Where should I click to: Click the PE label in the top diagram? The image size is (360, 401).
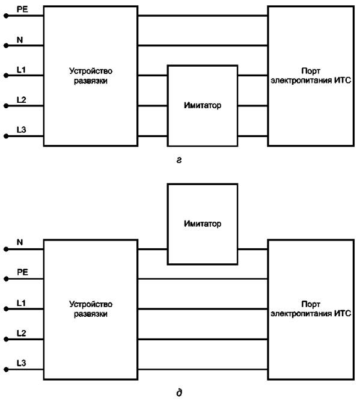(22, 10)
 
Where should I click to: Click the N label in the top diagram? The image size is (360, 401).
(20, 40)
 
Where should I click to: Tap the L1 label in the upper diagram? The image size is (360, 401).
(21, 70)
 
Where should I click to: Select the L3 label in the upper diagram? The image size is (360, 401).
(22, 130)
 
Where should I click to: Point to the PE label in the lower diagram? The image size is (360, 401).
(22, 272)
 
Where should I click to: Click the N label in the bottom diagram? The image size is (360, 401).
(20, 242)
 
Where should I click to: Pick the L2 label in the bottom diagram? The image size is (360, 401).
(22, 333)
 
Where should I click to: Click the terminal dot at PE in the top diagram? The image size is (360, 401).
(7, 16)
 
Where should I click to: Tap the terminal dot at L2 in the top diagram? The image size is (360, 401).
(7, 106)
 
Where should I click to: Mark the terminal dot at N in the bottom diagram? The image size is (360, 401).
(7, 249)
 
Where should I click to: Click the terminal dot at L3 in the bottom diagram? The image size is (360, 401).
(7, 370)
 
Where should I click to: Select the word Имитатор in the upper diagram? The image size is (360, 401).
(203, 105)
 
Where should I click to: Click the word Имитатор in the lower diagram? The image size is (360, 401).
(203, 224)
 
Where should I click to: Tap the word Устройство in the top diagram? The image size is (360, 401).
(91, 71)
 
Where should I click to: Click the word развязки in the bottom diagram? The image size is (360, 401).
(91, 314)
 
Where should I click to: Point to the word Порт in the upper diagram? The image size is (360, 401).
(311, 70)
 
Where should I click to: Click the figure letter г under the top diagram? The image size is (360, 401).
(179, 160)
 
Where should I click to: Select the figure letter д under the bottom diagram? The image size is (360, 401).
(179, 393)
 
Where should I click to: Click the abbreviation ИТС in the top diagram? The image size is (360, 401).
(343, 81)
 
